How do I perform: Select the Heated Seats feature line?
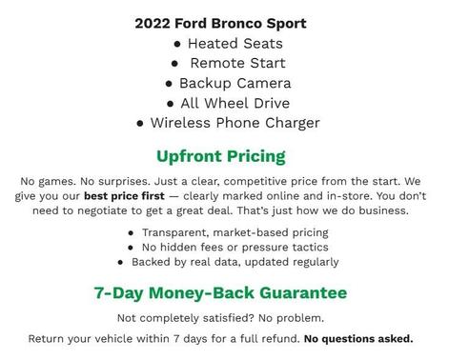click(235, 43)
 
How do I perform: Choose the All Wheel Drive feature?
click(235, 103)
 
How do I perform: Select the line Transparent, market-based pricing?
click(235, 232)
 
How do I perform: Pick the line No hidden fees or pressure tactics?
click(235, 247)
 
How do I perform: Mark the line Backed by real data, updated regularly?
click(235, 261)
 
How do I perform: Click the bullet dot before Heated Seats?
click(176, 44)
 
